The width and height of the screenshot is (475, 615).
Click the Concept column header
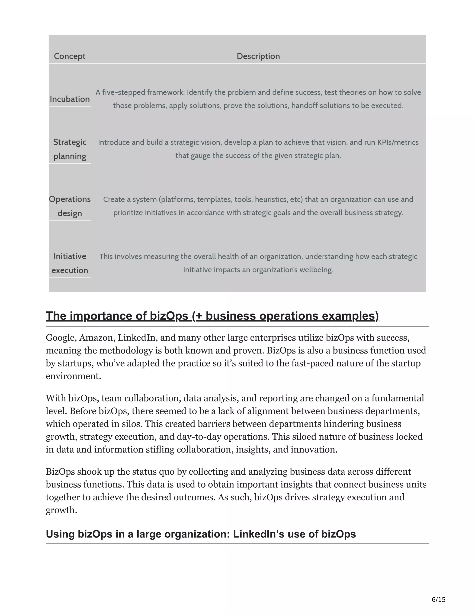point(70,56)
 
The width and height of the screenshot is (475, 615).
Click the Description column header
point(258,56)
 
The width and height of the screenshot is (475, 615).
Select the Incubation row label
point(70,99)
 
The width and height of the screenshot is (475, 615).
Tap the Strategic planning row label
point(70,149)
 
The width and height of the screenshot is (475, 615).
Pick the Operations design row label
point(70,206)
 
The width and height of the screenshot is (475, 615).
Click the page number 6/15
point(438,600)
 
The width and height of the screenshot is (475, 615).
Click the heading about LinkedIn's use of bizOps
point(201,534)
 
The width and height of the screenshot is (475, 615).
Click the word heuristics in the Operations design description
point(269,200)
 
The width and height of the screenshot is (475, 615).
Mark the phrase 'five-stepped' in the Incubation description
point(124,92)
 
